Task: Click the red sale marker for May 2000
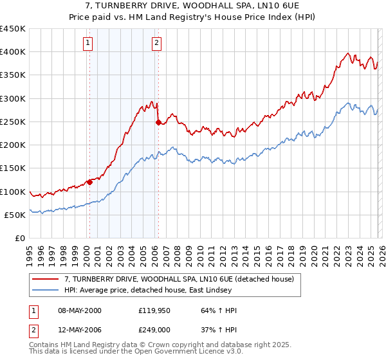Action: [x=89, y=182]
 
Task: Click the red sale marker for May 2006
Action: [x=158, y=122]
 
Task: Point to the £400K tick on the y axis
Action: [x=13, y=52]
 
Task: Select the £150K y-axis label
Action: [x=13, y=168]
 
